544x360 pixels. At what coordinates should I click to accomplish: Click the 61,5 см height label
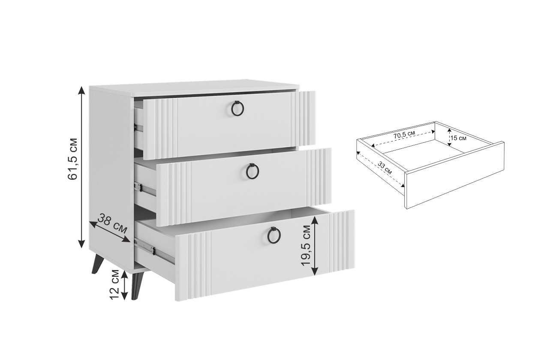point(73,159)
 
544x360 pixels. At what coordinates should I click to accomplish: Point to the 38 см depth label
point(112,223)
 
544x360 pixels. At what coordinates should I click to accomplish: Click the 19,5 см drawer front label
point(306,246)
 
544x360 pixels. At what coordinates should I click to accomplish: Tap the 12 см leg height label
point(114,284)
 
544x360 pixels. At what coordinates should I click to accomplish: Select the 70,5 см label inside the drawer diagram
point(404,135)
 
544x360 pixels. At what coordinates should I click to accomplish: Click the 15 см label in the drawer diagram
point(458,138)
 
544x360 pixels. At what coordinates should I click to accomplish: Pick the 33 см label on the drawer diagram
point(385,168)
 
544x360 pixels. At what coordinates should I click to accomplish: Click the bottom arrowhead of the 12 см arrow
point(124,296)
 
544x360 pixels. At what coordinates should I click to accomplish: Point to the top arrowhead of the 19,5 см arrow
point(315,220)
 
